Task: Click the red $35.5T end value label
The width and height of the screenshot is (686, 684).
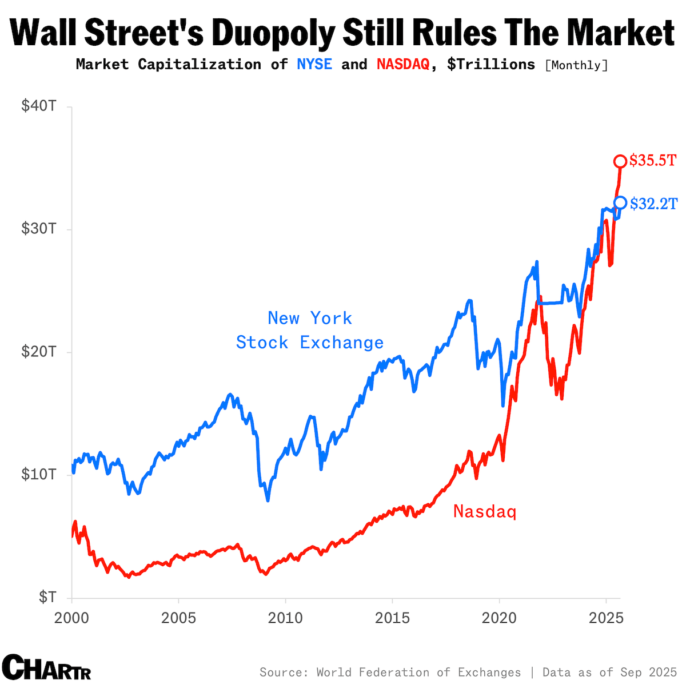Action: click(652, 161)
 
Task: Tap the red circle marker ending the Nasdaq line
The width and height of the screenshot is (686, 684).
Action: click(620, 161)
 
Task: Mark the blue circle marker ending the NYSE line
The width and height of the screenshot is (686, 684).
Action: click(620, 202)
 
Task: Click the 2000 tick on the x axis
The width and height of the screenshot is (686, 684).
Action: click(71, 618)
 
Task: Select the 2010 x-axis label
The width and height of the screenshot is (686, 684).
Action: click(285, 618)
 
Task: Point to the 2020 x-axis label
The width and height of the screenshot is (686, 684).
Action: click(499, 618)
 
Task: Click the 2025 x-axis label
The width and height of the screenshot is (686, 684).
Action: click(605, 618)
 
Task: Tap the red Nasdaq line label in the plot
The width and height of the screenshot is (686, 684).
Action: click(485, 511)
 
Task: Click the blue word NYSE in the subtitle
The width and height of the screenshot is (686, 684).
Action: click(314, 64)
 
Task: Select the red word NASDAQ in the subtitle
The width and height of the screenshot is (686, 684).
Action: click(403, 64)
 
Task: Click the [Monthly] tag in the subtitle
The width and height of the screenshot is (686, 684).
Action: click(577, 65)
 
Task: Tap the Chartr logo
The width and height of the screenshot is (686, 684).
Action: click(46, 667)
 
